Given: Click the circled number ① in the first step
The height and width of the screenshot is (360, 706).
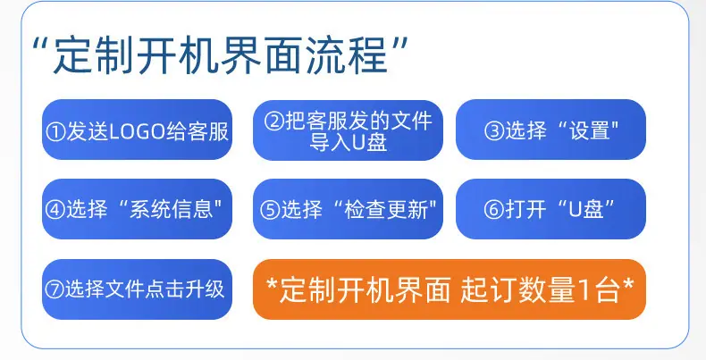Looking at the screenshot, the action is coord(55,132).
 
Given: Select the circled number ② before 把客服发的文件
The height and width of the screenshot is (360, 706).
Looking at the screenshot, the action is coord(273,121).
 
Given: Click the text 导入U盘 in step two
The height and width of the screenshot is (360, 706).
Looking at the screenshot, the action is coord(348,143).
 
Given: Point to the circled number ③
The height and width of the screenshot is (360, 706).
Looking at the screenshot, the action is coord(494,131).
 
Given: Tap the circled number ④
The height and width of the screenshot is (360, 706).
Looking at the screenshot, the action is coord(55,209).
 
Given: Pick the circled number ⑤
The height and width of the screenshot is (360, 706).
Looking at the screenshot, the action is coord(270,210).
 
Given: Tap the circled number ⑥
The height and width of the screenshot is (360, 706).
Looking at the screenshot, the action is coord(494,210).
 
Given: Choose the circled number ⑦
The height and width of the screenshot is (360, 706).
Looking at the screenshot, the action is coord(55,289).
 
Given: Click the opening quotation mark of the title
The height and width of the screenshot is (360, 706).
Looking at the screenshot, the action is coord(40,46).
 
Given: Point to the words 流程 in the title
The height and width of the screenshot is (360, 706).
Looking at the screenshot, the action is coord(347,56).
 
